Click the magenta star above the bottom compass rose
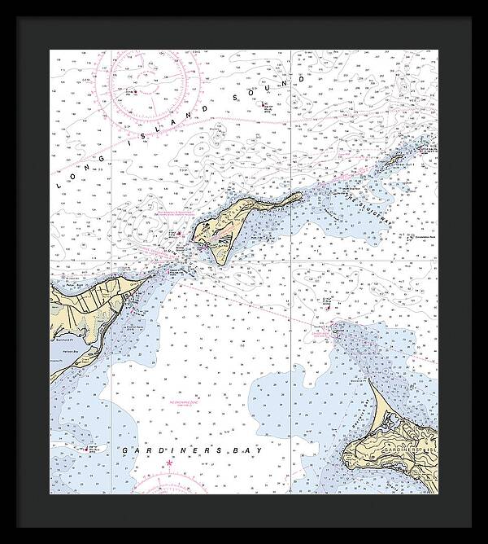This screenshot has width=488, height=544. point(169,464)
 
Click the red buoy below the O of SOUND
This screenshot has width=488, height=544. point(264,104)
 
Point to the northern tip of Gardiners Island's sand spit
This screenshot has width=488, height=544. point(369,379)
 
